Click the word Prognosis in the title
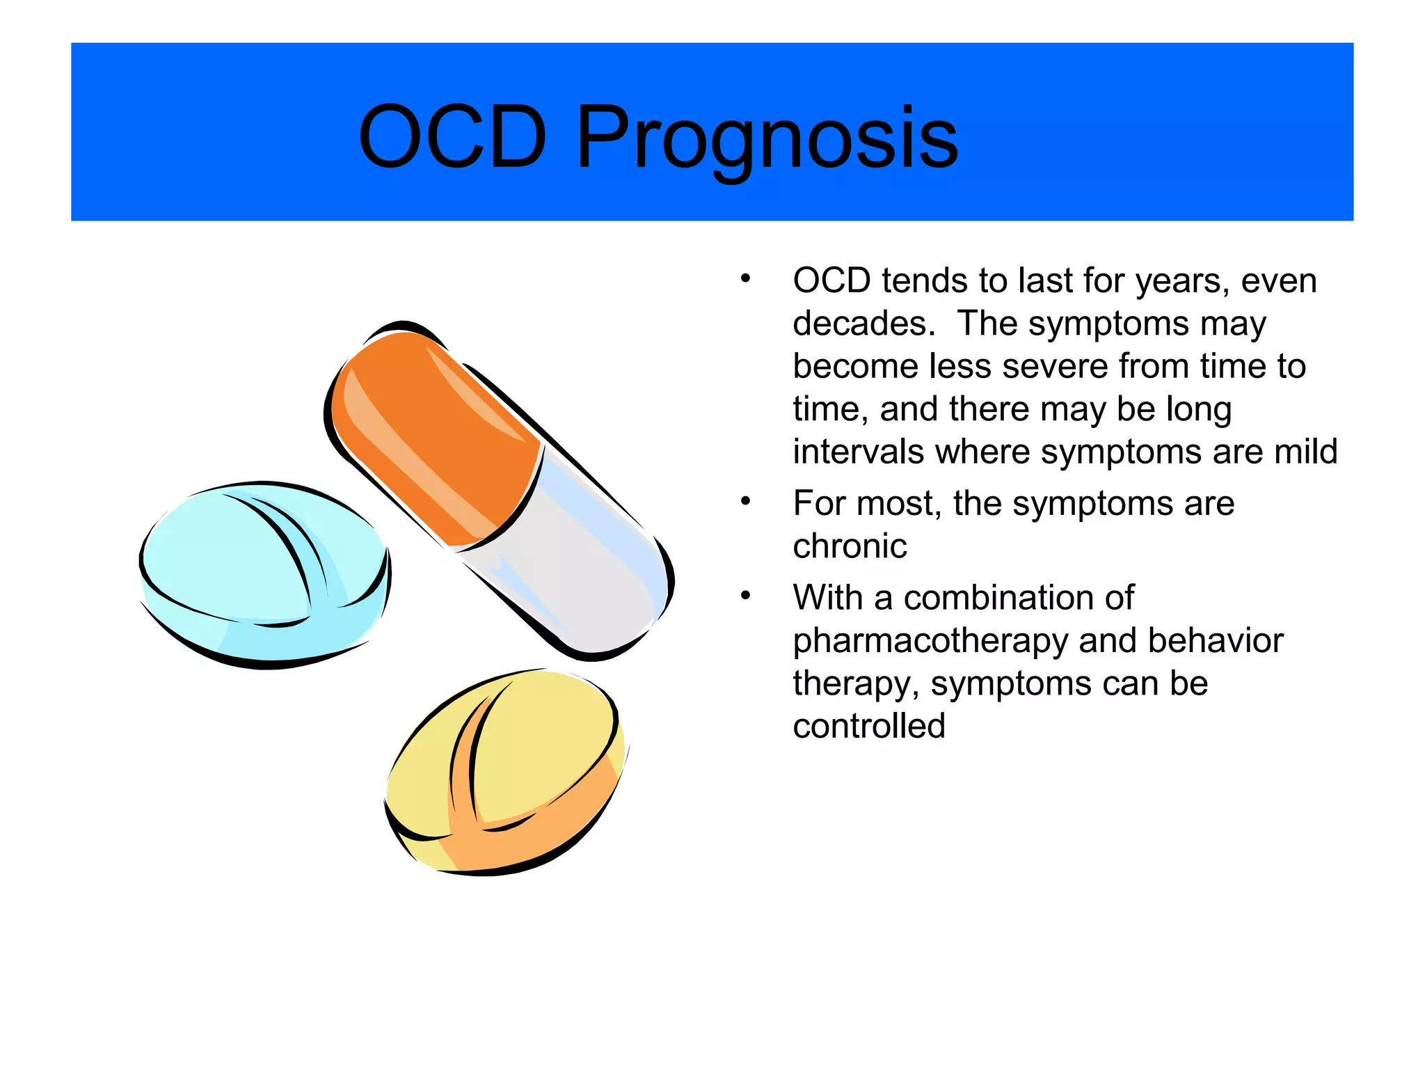(767, 137)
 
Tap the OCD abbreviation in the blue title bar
(452, 137)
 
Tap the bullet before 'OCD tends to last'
(745, 279)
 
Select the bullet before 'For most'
(745, 501)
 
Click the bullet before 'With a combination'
(745, 596)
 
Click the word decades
(863, 324)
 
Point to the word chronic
(850, 546)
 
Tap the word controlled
(869, 727)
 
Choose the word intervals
(857, 452)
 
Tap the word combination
(1019, 598)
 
